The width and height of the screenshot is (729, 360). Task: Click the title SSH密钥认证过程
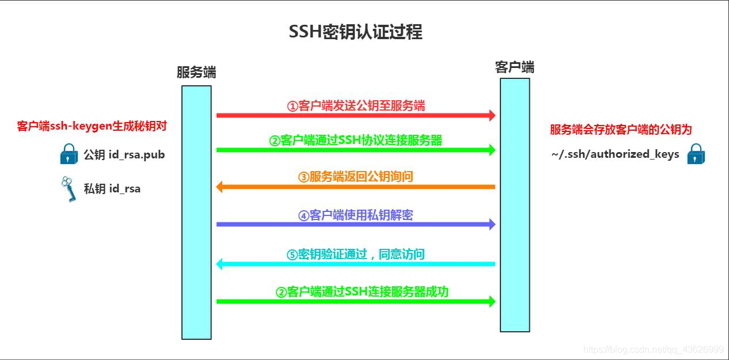[355, 32]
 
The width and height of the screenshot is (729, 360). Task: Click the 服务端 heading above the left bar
[196, 73]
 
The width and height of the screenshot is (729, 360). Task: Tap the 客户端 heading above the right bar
[515, 67]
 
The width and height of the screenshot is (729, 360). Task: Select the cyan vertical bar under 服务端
[196, 212]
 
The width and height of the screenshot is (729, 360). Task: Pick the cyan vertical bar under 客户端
[515, 204]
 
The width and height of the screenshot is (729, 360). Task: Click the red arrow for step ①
[355, 116]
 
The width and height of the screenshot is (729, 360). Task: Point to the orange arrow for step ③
[355, 187]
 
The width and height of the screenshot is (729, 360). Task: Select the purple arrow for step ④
[355, 224]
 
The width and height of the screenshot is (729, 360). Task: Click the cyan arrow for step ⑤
[355, 264]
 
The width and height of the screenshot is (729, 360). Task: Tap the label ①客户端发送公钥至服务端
[356, 105]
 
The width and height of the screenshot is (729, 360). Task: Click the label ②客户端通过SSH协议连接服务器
[356, 140]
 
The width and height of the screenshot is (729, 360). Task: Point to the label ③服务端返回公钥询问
[356, 177]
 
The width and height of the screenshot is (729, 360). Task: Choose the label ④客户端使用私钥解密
[356, 215]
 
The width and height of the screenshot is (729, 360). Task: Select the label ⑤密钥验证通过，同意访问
[356, 254]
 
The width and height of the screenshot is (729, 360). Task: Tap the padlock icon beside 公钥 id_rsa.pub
[69, 154]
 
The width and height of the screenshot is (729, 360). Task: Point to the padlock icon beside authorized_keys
[697, 154]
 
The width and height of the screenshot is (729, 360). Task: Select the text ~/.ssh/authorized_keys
[615, 154]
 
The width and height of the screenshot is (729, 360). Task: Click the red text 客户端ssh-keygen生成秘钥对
[92, 126]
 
